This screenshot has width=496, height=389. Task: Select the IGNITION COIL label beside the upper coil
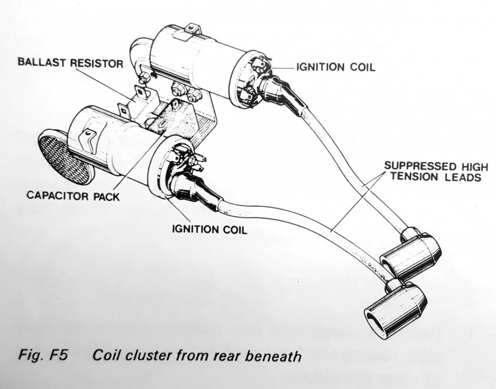336,67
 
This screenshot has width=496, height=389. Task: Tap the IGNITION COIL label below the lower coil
210,229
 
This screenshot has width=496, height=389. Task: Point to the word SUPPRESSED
416,166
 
